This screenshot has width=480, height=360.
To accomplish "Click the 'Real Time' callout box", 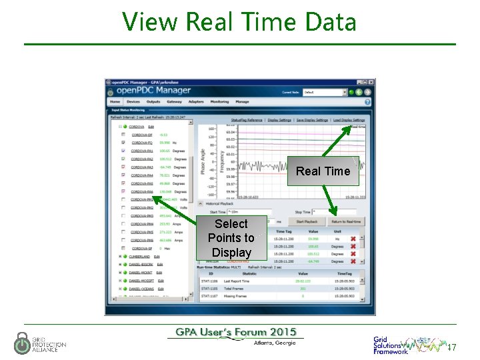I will tap(323, 171).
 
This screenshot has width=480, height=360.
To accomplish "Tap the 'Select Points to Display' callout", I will tap(231, 238).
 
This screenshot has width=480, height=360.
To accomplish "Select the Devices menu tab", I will tap(133, 102).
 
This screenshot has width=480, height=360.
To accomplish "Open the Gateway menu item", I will tap(174, 102).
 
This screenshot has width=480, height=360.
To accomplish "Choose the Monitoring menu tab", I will tap(219, 102).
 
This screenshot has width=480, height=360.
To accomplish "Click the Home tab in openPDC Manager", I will tap(115, 102).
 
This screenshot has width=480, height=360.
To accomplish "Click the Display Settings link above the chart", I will tap(279, 121).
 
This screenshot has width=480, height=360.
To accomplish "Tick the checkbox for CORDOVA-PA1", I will tap(123, 151).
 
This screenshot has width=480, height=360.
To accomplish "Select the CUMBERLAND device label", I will tap(140, 256).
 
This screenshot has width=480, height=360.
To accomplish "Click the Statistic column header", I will tap(249, 273).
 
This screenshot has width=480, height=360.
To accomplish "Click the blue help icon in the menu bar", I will tap(367, 102).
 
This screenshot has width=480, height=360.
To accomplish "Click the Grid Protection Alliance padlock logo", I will tap(22, 343).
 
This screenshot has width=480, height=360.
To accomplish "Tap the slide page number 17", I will tap(451, 348).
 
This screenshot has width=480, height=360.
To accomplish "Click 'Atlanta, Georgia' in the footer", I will tap(274, 343).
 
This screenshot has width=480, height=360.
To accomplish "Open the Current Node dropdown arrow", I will tap(345, 92).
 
